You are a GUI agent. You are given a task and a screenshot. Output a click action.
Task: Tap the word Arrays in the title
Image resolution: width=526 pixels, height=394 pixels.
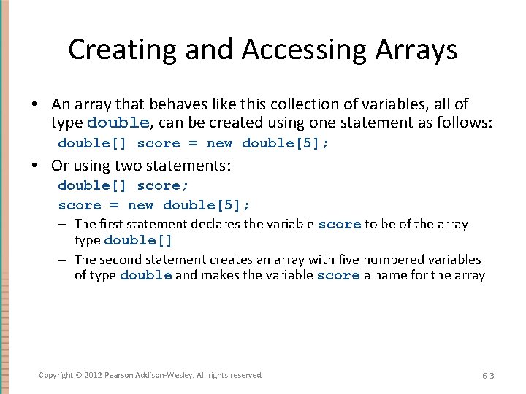pos(417,50)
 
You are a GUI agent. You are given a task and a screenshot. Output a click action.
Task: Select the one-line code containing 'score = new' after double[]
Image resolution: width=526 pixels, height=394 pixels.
pos(194,143)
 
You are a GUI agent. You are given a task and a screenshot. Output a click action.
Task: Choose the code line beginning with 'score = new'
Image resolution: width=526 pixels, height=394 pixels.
pos(154,205)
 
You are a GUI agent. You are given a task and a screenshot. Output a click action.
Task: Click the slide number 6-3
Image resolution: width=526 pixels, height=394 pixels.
pos(488,376)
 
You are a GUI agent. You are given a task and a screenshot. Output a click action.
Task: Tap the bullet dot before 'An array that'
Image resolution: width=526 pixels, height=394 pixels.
pos(42,105)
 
